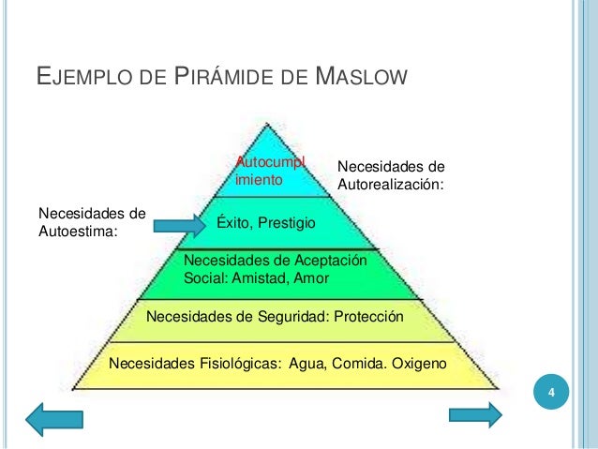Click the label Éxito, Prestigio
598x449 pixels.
(266, 222)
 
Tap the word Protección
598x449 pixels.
(368, 317)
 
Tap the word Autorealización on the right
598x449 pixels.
(389, 185)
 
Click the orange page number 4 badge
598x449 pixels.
(552, 391)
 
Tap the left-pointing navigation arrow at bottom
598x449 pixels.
(53, 418)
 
